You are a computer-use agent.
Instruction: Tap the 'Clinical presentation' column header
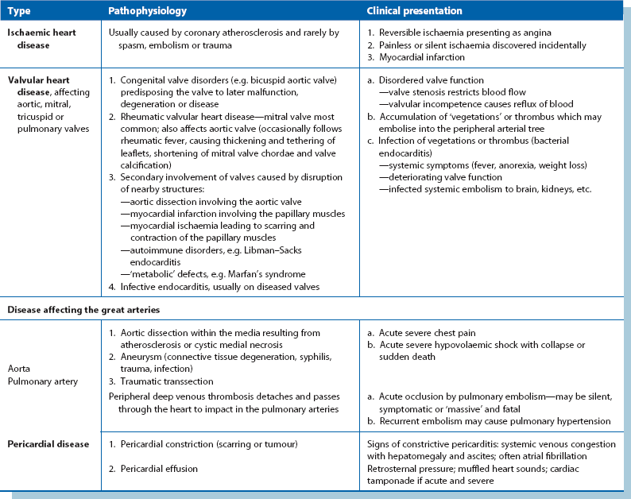click(414, 12)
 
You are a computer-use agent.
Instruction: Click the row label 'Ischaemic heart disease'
click(39, 39)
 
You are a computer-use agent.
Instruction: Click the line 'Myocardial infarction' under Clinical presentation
click(422, 58)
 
